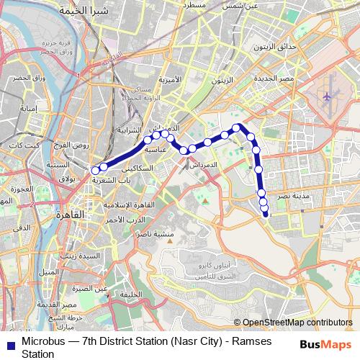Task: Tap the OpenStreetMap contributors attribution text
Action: click(x=297, y=323)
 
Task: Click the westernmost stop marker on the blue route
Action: click(x=95, y=171)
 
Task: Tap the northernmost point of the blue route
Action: click(x=235, y=127)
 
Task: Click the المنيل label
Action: click(x=48, y=271)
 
